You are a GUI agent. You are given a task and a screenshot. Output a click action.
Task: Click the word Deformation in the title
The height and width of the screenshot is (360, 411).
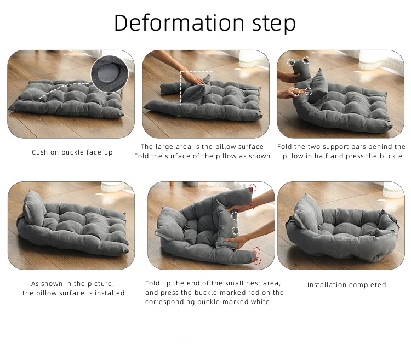[x=179, y=23]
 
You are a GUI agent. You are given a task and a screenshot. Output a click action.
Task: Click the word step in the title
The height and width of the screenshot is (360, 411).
[x=274, y=24]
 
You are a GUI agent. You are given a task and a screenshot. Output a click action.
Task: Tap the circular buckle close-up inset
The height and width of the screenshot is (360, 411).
[x=110, y=74]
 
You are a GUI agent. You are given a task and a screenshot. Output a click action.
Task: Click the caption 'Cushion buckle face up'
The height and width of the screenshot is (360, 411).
[x=72, y=152]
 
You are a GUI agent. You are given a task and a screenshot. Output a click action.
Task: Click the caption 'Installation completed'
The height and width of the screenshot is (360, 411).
[x=346, y=285]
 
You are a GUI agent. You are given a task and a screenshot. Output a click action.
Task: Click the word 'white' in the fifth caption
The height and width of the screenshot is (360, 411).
[x=260, y=302]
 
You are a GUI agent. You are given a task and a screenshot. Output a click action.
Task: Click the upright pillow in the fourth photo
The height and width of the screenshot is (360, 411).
[x=34, y=208]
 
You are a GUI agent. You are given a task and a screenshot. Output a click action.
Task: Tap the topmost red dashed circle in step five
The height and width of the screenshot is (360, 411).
[x=253, y=187]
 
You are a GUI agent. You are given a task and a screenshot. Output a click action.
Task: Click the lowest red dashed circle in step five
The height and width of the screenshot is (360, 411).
[x=257, y=260]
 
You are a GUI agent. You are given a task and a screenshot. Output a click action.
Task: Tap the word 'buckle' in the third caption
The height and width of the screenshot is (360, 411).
[x=391, y=156]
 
